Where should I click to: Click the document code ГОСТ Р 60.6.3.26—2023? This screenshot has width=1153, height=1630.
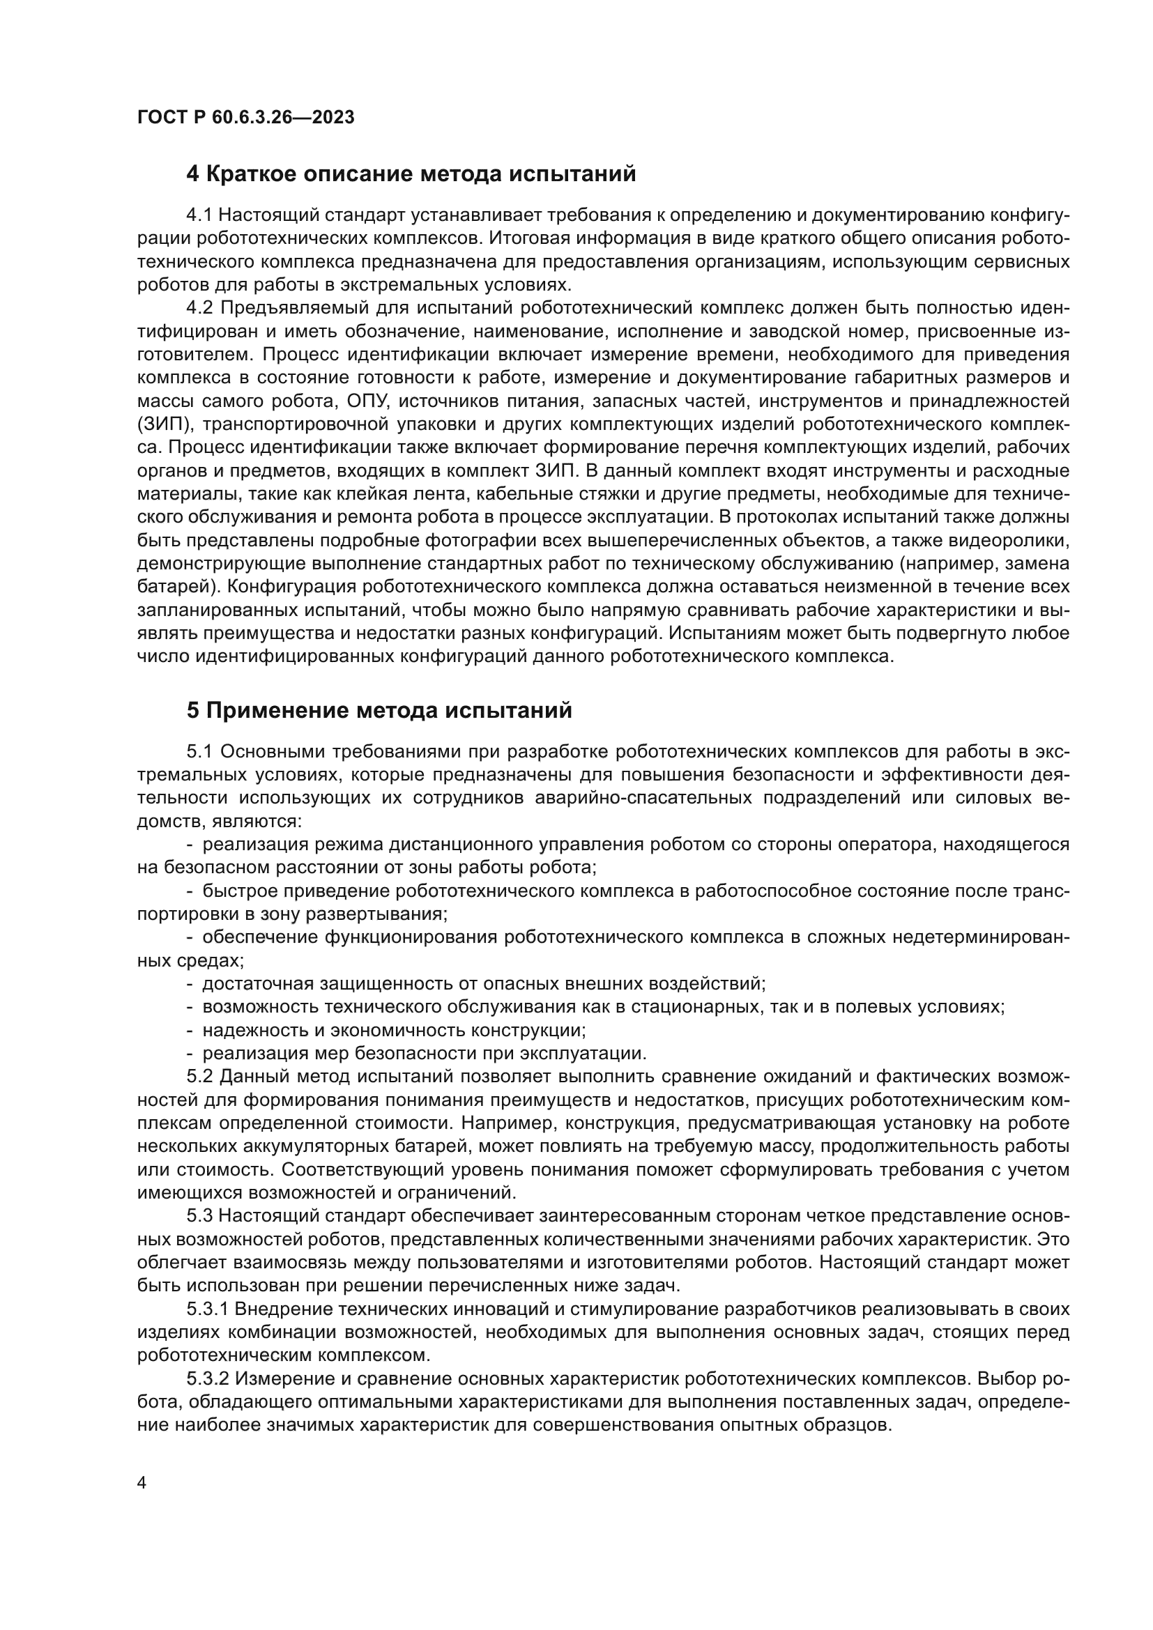(x=245, y=117)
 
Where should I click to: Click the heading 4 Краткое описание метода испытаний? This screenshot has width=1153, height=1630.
(x=411, y=174)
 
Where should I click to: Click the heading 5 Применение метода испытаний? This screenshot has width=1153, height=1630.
(x=379, y=711)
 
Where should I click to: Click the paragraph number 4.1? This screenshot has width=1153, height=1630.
(x=200, y=215)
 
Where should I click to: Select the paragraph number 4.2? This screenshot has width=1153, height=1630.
(x=200, y=308)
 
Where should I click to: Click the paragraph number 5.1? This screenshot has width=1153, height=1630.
(x=200, y=752)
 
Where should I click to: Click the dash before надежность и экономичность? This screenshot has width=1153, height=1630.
(x=190, y=1030)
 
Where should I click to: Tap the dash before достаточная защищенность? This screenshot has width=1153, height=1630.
(x=190, y=984)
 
